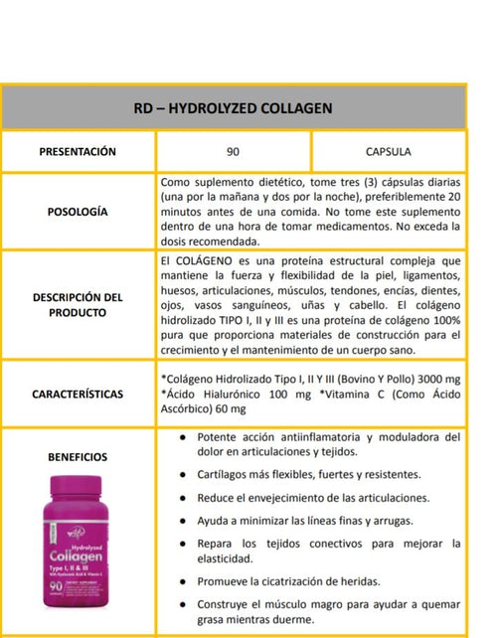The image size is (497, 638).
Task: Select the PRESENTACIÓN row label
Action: pyautogui.click(x=78, y=152)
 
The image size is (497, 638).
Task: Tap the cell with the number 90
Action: pyautogui.click(x=233, y=152)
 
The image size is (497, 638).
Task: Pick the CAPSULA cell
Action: pyautogui.click(x=388, y=152)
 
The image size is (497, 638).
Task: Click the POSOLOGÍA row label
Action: pyautogui.click(x=78, y=212)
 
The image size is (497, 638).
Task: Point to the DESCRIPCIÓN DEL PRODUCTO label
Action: pyautogui.click(x=78, y=304)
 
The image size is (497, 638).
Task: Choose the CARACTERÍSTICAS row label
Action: pyautogui.click(x=78, y=394)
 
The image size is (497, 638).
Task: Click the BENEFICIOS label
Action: pyautogui.click(x=78, y=457)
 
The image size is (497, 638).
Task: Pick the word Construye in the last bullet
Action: pyautogui.click(x=228, y=604)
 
